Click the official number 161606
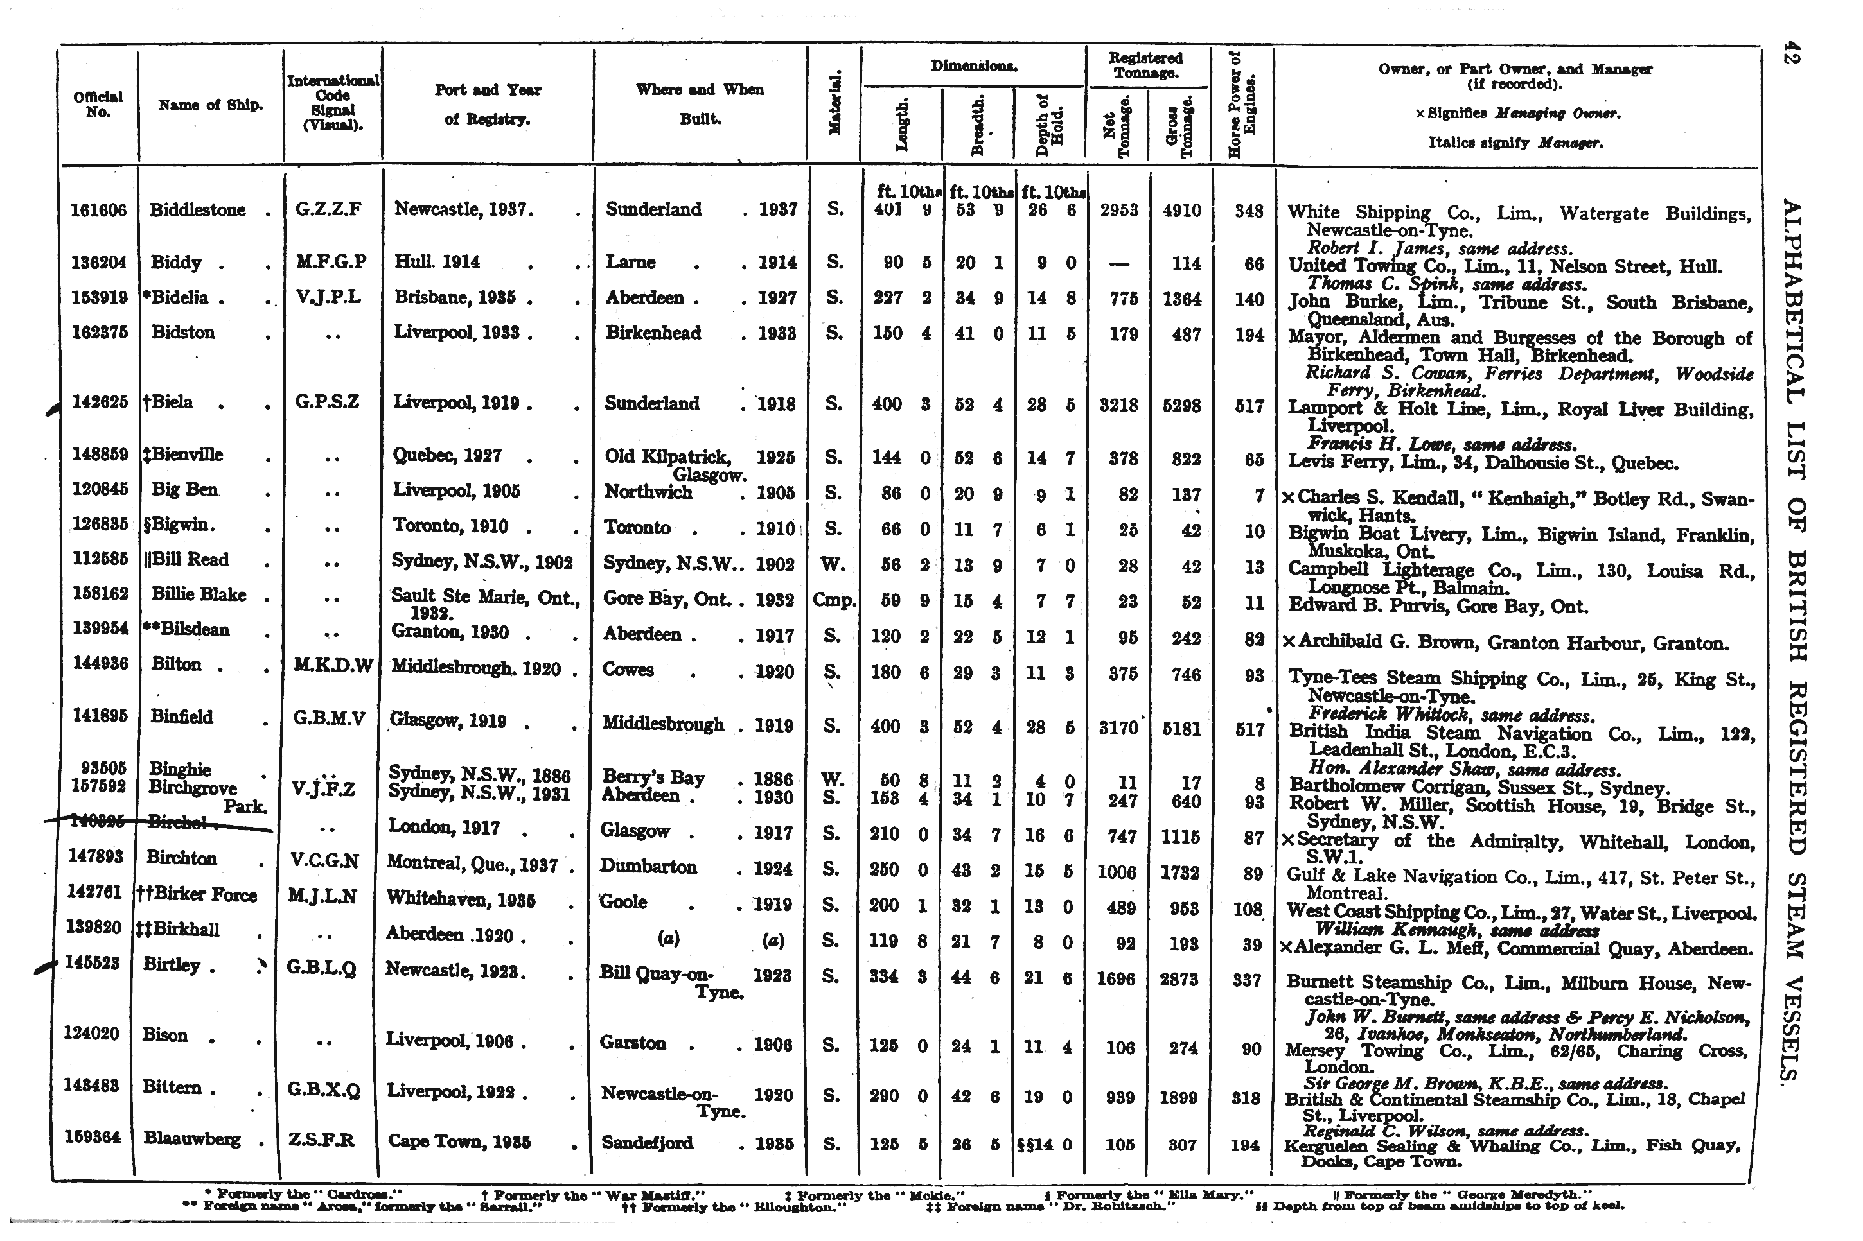click(x=98, y=211)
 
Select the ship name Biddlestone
click(x=197, y=211)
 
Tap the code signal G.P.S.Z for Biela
click(x=327, y=402)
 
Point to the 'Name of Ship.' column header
click(x=210, y=105)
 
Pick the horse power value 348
click(x=1249, y=211)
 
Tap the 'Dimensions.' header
click(x=973, y=67)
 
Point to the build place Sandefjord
click(x=647, y=1142)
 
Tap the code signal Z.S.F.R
click(x=324, y=1140)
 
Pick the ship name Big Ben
click(x=184, y=489)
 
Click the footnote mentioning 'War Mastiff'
click(x=593, y=1193)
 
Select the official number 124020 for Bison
click(x=91, y=1034)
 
